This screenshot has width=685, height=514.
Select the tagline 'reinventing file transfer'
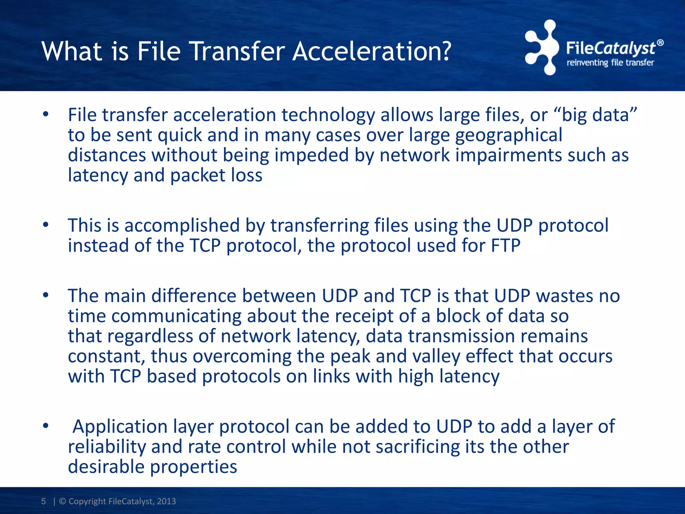coord(610,63)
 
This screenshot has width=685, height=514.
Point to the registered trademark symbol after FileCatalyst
coord(660,43)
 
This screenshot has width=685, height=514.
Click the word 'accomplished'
coord(182,225)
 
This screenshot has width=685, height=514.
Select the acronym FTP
coord(506,246)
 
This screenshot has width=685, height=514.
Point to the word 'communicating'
coord(176,316)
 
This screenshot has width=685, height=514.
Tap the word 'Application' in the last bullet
coord(120,427)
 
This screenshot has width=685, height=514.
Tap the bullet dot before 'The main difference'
coord(46,295)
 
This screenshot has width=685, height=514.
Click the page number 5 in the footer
coord(43,501)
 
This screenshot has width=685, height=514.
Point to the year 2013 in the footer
coord(166,501)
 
